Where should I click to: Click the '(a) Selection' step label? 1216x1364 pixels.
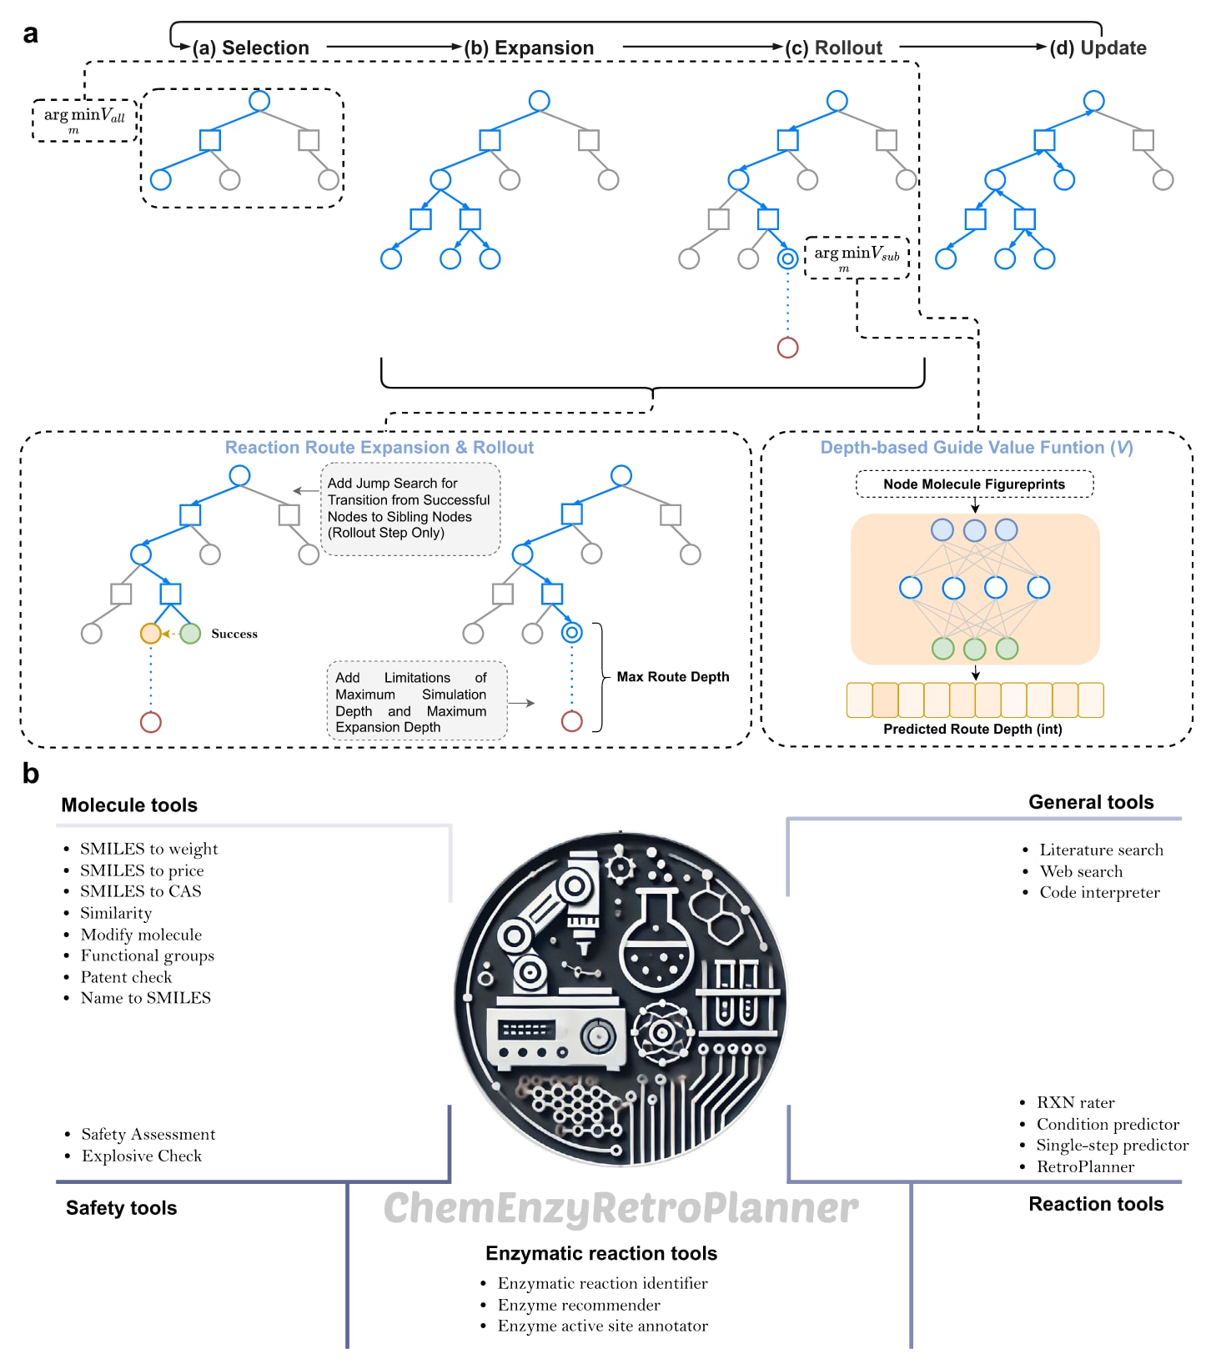(x=250, y=48)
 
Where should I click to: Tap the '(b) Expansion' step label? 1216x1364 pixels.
(x=529, y=48)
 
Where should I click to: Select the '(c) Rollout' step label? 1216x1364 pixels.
(x=833, y=48)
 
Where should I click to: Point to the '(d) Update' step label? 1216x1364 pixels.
(x=1098, y=48)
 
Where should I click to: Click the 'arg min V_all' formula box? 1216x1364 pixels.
(x=84, y=119)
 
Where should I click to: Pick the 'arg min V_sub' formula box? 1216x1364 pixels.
(x=857, y=257)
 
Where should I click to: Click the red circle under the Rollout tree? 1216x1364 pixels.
(x=787, y=348)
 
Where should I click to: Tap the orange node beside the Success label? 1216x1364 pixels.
(x=150, y=634)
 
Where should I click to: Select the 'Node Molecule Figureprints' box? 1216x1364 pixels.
(x=974, y=484)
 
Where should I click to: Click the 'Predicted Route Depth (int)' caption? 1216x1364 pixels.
(x=972, y=729)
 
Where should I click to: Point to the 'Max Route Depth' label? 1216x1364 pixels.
(x=672, y=677)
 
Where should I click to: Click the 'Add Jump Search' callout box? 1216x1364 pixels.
(x=410, y=509)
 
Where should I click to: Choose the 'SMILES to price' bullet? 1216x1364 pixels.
(x=142, y=870)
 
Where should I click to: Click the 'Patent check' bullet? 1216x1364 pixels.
(x=126, y=977)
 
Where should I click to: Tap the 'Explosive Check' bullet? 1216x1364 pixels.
(x=142, y=1156)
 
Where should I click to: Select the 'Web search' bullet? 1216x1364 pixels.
(x=1081, y=871)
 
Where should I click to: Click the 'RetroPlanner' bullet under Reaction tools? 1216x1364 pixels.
(x=1085, y=1167)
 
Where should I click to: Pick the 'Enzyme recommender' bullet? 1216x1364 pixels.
(x=579, y=1305)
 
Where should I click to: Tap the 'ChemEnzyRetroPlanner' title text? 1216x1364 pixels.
(x=621, y=1208)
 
